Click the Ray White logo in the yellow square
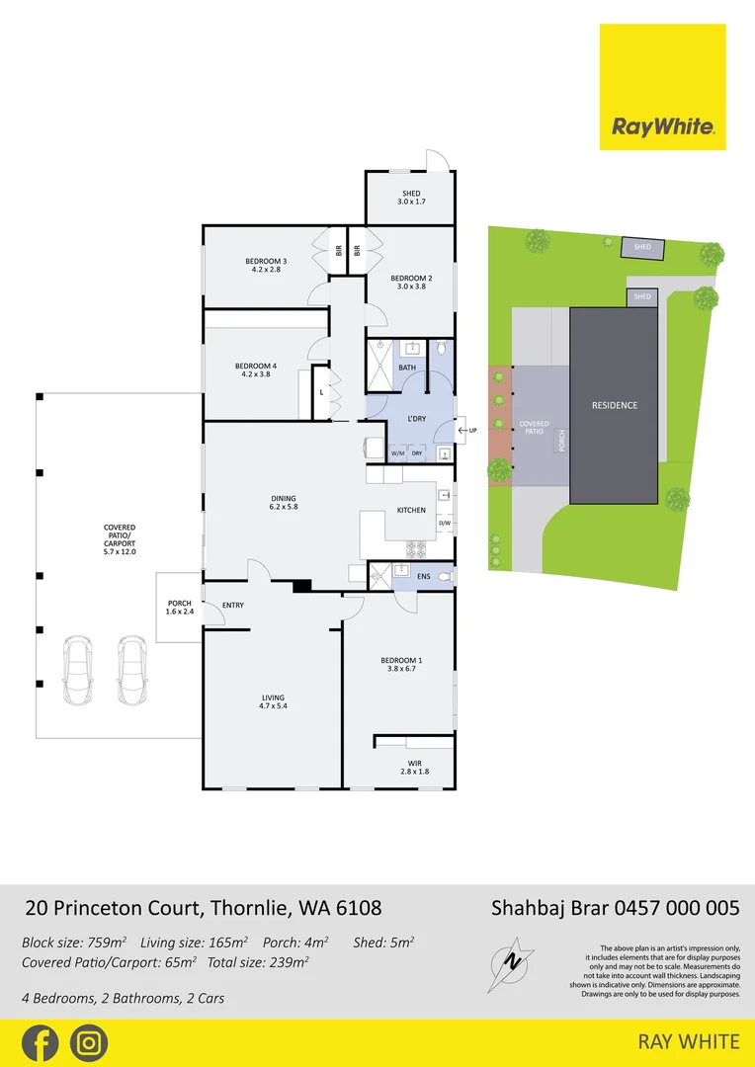[x=662, y=126]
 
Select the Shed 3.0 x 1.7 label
[x=411, y=198]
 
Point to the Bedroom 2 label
[x=411, y=282]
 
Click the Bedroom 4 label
[x=255, y=370]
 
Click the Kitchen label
[x=411, y=511]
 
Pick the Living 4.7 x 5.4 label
[x=272, y=702]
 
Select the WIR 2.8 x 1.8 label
[x=414, y=767]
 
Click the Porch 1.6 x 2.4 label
[x=179, y=608]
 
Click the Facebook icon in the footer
[x=41, y=1043]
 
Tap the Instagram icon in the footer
[x=89, y=1043]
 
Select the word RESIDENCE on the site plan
[x=615, y=405]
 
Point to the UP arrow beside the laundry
[x=467, y=431]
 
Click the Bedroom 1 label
[x=401, y=665]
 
